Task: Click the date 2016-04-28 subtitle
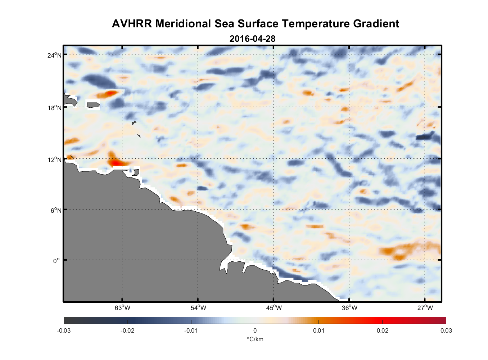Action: click(252, 39)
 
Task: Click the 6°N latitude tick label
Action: click(56, 210)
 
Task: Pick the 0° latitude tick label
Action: click(57, 261)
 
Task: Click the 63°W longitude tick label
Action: click(122, 308)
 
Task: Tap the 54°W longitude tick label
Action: click(198, 308)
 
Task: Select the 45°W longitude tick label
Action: click(274, 308)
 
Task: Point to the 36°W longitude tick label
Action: click(349, 308)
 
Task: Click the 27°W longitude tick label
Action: click(425, 308)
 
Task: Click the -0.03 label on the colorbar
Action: click(64, 330)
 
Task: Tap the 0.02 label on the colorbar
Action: click(382, 330)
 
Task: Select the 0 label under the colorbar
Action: click(255, 330)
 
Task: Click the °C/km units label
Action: click(255, 339)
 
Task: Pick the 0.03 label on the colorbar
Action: click(446, 330)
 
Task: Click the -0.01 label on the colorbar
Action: click(191, 330)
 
